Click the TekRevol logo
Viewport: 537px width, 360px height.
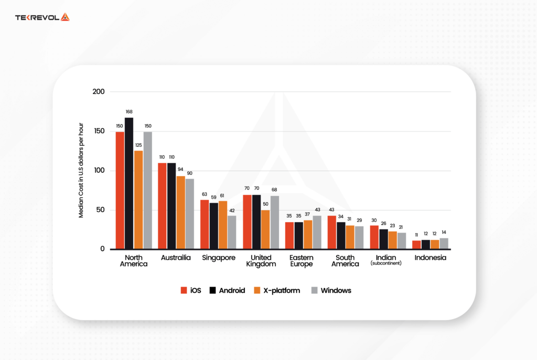(42, 17)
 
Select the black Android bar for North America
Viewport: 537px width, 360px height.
(129, 183)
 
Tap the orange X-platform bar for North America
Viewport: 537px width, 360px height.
(138, 200)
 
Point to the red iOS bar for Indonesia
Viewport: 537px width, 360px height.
(416, 244)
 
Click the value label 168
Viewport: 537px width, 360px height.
(129, 111)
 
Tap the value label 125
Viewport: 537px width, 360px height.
(138, 145)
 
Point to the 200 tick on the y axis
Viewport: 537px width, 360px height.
(99, 92)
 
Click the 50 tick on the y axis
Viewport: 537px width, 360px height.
(100, 210)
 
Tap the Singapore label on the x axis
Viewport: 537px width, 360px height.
(218, 258)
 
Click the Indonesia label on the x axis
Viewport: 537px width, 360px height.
(430, 258)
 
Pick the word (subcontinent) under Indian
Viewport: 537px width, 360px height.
(385, 263)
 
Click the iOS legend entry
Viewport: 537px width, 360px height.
(191, 290)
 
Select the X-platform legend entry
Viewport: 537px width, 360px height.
(277, 290)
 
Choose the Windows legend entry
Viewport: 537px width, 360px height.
(331, 290)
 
